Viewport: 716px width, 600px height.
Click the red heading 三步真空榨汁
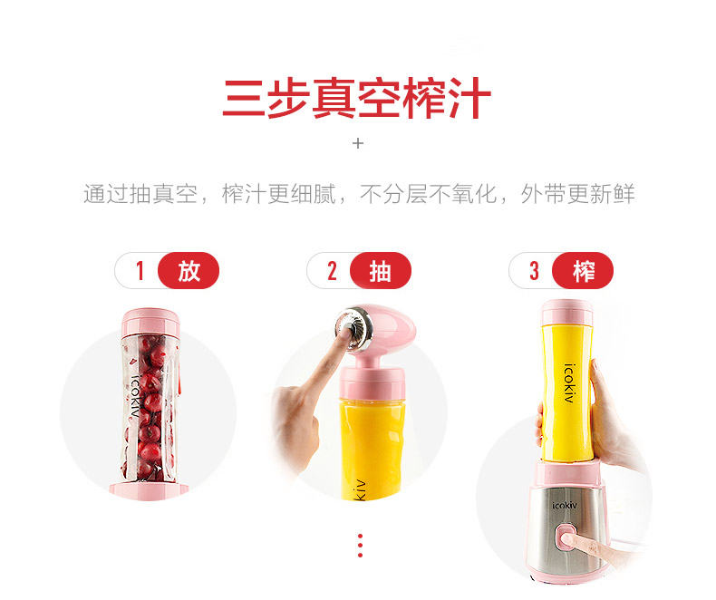point(356,98)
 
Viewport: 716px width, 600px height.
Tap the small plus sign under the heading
point(358,143)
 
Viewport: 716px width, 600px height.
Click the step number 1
point(140,270)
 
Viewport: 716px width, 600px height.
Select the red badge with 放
point(189,270)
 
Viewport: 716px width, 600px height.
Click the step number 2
point(332,271)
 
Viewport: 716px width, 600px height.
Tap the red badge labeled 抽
point(381,270)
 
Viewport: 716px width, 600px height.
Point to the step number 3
point(534,271)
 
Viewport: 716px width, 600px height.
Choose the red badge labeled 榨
point(583,270)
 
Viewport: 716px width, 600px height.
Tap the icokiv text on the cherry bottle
point(134,396)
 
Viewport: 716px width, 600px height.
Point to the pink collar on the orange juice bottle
point(372,382)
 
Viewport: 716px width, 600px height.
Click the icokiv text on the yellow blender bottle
point(569,383)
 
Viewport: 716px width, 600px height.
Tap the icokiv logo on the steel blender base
point(565,505)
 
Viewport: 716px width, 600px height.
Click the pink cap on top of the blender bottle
point(566,313)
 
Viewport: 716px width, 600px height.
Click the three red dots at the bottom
point(361,546)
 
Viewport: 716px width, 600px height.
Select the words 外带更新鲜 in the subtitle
point(577,194)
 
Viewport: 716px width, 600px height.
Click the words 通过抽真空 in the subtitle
point(140,194)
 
